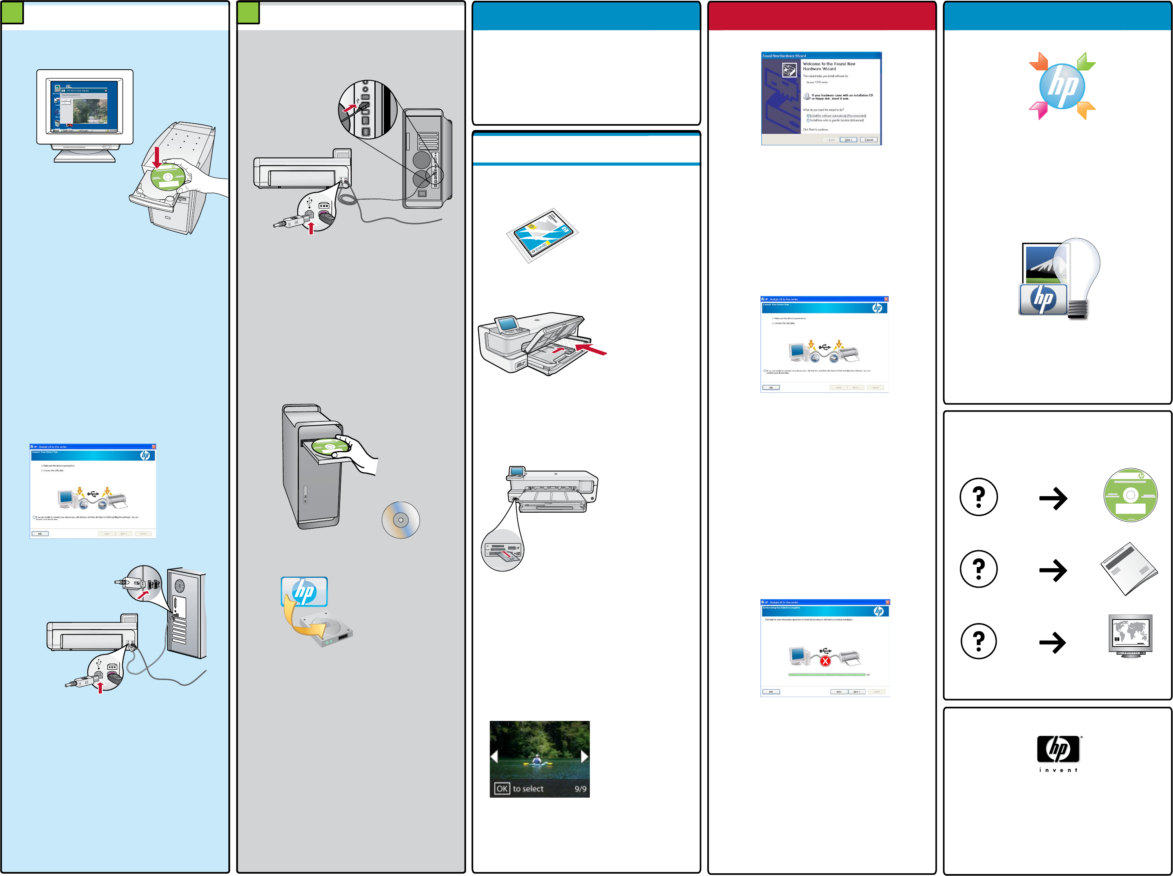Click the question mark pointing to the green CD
[978, 497]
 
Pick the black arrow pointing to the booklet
[1053, 571]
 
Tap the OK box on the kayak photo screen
[502, 789]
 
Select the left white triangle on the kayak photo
[494, 757]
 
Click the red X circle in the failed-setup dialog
[825, 661]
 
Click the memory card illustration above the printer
[542, 235]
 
